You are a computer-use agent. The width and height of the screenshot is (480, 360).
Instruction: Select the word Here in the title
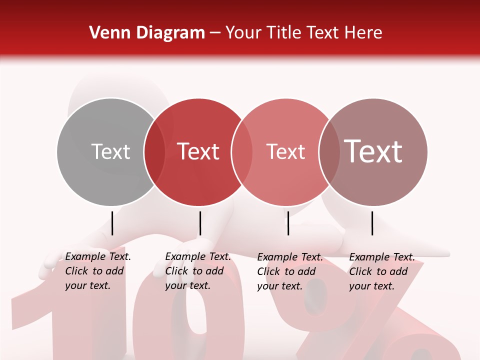pyautogui.click(x=363, y=32)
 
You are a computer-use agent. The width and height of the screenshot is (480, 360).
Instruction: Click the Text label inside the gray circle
pyautogui.click(x=110, y=151)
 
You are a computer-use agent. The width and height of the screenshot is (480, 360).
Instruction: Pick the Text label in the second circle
pyautogui.click(x=198, y=151)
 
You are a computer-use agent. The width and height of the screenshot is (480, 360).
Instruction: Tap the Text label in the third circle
pyautogui.click(x=285, y=151)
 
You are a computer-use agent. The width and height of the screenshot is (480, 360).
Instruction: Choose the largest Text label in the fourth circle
pyautogui.click(x=373, y=151)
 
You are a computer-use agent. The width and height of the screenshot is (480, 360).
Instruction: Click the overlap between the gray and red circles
pyautogui.click(x=154, y=151)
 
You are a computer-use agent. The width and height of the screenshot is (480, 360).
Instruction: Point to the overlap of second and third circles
pyautogui.click(x=242, y=151)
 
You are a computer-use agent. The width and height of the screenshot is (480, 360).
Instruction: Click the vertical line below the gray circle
pyautogui.click(x=112, y=223)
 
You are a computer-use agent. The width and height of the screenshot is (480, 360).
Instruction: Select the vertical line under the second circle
pyautogui.click(x=200, y=223)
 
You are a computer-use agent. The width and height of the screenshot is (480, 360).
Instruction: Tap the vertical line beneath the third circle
pyautogui.click(x=288, y=223)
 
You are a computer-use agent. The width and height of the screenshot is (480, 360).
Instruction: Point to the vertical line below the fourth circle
pyautogui.click(x=372, y=223)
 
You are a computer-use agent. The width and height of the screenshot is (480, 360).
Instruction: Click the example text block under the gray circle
pyautogui.click(x=97, y=271)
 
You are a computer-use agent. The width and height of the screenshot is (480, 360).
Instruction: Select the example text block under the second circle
pyautogui.click(x=197, y=271)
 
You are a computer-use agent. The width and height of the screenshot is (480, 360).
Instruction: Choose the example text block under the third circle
pyautogui.click(x=289, y=271)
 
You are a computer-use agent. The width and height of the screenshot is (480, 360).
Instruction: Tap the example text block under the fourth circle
pyautogui.click(x=381, y=271)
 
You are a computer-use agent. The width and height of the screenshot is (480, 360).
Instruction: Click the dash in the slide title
pyautogui.click(x=215, y=33)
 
